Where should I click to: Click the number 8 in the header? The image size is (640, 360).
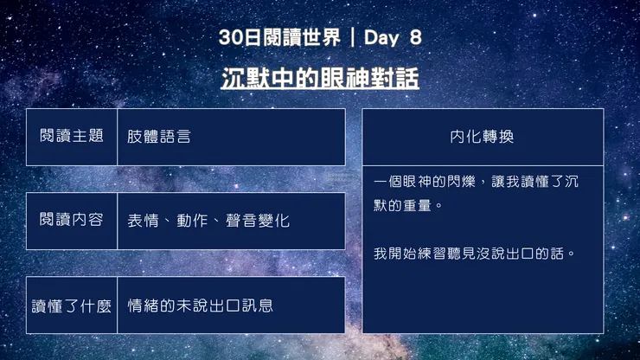(x=414, y=38)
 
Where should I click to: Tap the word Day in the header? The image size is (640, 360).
(x=382, y=38)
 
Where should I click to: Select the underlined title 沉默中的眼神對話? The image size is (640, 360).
(x=320, y=79)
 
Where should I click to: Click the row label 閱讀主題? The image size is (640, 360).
(x=72, y=137)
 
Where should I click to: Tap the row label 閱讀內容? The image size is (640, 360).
(x=72, y=221)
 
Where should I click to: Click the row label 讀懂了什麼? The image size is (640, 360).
(x=72, y=305)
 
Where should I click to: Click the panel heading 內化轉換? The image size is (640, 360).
(x=483, y=137)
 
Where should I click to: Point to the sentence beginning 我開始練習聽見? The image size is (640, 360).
(x=475, y=254)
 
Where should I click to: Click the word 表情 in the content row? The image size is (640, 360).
(x=142, y=221)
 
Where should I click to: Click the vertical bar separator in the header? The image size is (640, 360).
(x=353, y=38)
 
